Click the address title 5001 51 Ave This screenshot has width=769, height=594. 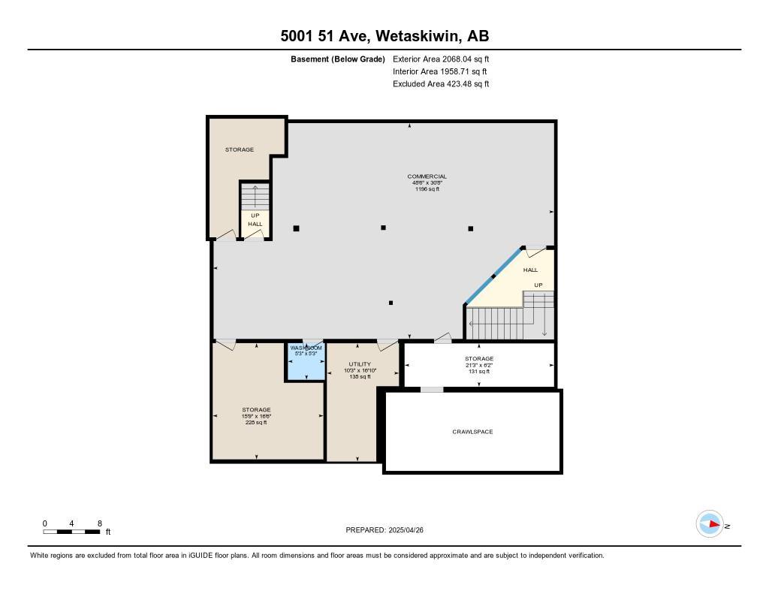pyautogui.click(x=384, y=36)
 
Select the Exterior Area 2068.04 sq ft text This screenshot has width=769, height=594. pyautogui.click(x=441, y=59)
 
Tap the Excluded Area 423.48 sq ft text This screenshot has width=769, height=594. pyautogui.click(x=441, y=84)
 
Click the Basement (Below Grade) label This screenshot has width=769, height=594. pyautogui.click(x=338, y=59)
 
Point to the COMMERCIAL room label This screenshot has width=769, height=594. pyautogui.click(x=427, y=176)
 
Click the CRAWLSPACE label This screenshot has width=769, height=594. pyautogui.click(x=472, y=432)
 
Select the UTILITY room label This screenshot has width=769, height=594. pyautogui.click(x=360, y=364)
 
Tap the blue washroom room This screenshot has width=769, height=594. pyautogui.click(x=306, y=363)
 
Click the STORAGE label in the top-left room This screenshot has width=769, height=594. pyautogui.click(x=240, y=149)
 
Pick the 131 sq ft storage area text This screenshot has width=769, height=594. pyautogui.click(x=478, y=372)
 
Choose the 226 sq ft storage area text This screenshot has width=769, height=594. pyautogui.click(x=256, y=423)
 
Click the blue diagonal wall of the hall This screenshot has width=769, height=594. pyautogui.click(x=493, y=276)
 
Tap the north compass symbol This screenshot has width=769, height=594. pyautogui.click(x=710, y=524)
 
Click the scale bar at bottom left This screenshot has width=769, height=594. pyautogui.click(x=72, y=532)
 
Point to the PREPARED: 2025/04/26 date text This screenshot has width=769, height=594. pyautogui.click(x=390, y=530)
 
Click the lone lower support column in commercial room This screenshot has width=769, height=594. pyautogui.click(x=391, y=303)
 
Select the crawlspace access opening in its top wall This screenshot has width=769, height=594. pyautogui.click(x=432, y=389)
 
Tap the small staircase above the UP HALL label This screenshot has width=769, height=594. pyautogui.click(x=255, y=197)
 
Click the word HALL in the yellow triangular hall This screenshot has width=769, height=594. pyautogui.click(x=530, y=270)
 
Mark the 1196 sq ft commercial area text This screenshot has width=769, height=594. pyautogui.click(x=427, y=189)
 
